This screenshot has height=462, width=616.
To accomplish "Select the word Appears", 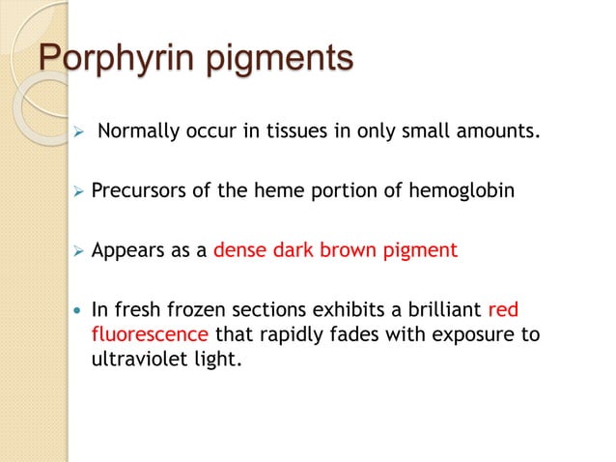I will (125, 251).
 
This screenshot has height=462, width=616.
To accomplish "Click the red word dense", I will (238, 251).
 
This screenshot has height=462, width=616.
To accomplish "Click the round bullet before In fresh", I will (77, 312).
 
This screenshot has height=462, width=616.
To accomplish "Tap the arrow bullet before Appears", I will (78, 251).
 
